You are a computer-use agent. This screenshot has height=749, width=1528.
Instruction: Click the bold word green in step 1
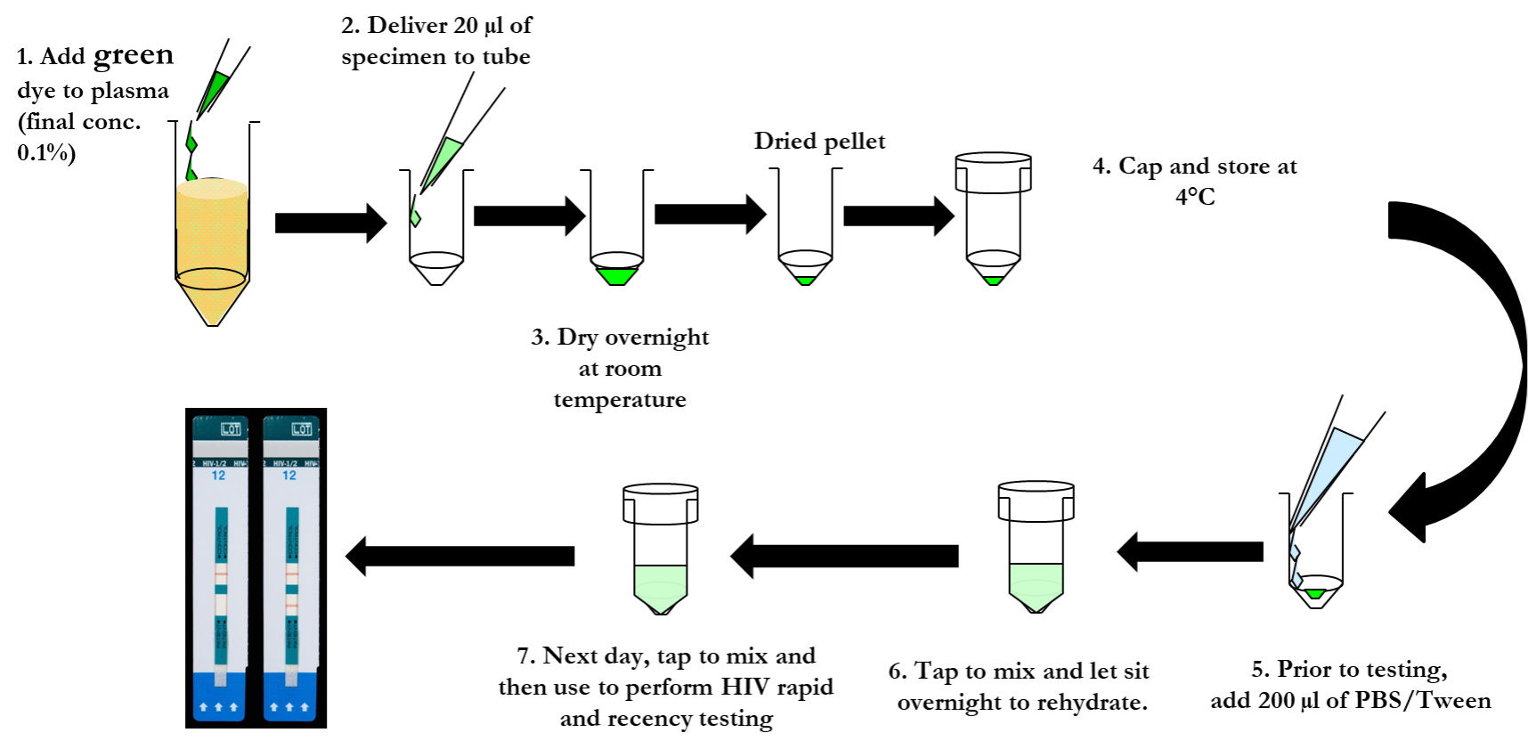pyautogui.click(x=134, y=55)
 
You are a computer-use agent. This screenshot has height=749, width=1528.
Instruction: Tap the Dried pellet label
pyautogui.click(x=819, y=141)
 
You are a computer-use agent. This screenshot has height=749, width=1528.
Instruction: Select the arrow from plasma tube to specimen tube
pyautogui.click(x=330, y=223)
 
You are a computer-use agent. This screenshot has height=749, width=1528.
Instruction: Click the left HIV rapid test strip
pyautogui.click(x=220, y=570)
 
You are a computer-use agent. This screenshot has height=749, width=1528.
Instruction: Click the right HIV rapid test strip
pyautogui.click(x=291, y=570)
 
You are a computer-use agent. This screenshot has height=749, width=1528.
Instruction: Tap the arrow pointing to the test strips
pyautogui.click(x=459, y=557)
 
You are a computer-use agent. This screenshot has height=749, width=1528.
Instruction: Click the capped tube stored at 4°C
pyautogui.click(x=993, y=218)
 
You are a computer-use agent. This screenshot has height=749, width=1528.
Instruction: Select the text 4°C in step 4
pyautogui.click(x=1195, y=197)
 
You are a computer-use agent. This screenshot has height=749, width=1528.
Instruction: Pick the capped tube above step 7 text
pyautogui.click(x=660, y=548)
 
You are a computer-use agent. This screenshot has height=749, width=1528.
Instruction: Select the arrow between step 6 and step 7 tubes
pyautogui.click(x=844, y=557)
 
